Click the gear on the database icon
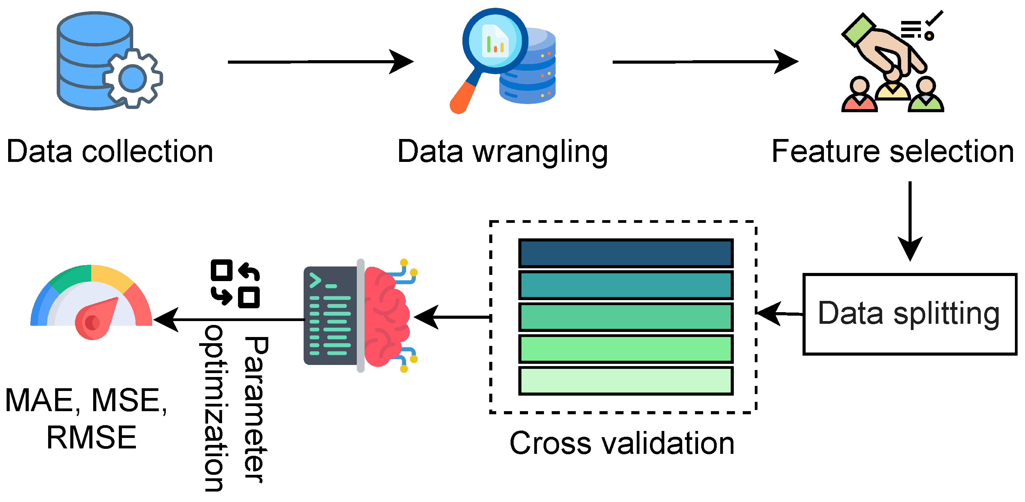click(132, 78)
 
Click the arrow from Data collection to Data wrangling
click(318, 62)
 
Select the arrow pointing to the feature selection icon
click(704, 62)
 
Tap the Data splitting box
click(909, 313)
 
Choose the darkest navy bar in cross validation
click(625, 253)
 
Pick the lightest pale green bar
click(625, 381)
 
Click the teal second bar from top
click(625, 285)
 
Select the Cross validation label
click(622, 443)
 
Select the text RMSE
click(92, 438)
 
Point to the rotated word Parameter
click(255, 410)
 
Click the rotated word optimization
click(215, 408)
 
